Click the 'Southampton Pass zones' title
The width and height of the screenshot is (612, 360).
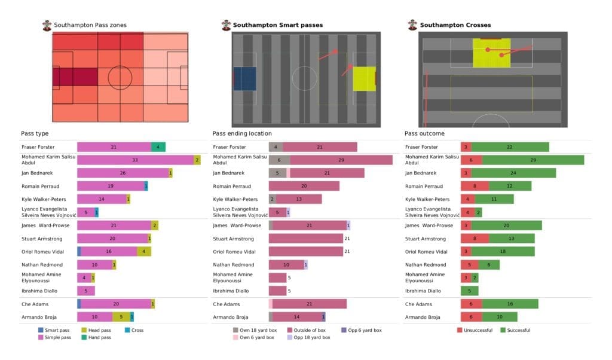tap(90, 25)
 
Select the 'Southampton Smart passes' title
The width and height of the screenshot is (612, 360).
tap(277, 25)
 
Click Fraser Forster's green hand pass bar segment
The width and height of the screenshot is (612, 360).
tap(158, 147)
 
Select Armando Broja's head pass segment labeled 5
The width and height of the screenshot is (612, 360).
tap(121, 317)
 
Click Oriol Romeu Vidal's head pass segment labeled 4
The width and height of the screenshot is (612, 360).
tap(144, 252)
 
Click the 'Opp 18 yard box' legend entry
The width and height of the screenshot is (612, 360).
tap(309, 337)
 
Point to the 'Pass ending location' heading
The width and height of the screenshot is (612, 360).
tap(241, 133)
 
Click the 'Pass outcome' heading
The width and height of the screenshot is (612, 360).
tap(424, 133)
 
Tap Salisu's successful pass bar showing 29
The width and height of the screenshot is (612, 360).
tap(533, 160)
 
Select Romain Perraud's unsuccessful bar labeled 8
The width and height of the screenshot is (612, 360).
tap(475, 186)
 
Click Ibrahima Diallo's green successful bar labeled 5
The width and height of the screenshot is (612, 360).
tap(470, 291)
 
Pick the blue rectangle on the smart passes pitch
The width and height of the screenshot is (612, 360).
tap(244, 79)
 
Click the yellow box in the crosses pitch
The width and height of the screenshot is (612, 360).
tap(492, 53)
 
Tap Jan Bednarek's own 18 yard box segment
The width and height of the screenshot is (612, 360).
tap(277, 173)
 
